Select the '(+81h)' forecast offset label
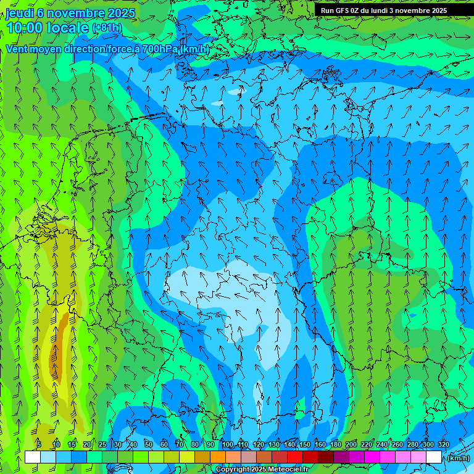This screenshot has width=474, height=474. point(107,28)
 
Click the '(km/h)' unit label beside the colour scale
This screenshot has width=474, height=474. point(458,458)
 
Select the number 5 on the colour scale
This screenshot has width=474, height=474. point(39,444)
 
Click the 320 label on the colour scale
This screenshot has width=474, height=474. point(443,444)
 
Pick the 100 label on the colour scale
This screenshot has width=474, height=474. point(228,444)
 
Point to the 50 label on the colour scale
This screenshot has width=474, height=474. point(148,444)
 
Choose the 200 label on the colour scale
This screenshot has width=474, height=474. point(351,444)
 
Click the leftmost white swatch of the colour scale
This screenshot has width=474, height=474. point(33,457)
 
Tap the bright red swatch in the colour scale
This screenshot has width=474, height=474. point(295,457)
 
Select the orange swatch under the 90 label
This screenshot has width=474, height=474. point(218,457)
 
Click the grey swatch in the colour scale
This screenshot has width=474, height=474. point(249,457)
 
